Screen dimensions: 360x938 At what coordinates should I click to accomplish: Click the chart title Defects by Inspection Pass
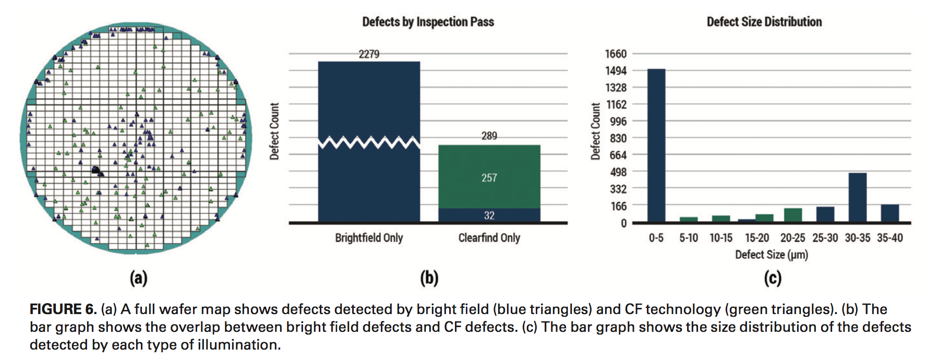(x=428, y=22)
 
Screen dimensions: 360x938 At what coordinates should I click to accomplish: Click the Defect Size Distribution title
(x=764, y=22)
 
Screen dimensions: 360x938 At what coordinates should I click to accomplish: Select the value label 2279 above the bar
(x=369, y=54)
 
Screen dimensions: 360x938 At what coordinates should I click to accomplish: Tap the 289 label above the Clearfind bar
(x=489, y=136)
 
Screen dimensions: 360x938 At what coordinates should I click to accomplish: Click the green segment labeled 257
(x=489, y=177)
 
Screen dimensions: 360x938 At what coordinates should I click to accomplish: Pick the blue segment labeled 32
(x=489, y=215)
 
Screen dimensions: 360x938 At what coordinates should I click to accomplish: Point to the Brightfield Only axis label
(x=369, y=238)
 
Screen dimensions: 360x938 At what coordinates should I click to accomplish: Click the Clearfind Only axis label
(x=489, y=238)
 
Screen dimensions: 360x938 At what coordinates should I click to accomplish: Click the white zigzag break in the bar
(x=369, y=142)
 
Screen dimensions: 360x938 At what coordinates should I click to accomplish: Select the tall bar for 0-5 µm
(x=656, y=146)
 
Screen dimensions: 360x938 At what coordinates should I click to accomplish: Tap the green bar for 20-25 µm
(x=792, y=215)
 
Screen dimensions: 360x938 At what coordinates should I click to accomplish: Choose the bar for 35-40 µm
(x=889, y=213)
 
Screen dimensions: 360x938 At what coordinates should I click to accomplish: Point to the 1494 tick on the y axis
(x=616, y=71)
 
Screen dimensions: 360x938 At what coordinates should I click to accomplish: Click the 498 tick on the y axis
(x=618, y=172)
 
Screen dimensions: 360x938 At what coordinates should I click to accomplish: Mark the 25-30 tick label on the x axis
(x=825, y=238)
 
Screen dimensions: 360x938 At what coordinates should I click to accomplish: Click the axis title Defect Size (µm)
(x=771, y=255)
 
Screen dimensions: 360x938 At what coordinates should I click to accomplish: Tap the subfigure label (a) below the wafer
(x=138, y=278)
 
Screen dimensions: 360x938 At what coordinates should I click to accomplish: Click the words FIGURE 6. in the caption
(x=63, y=309)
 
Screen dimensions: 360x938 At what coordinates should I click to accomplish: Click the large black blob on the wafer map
(x=97, y=171)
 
